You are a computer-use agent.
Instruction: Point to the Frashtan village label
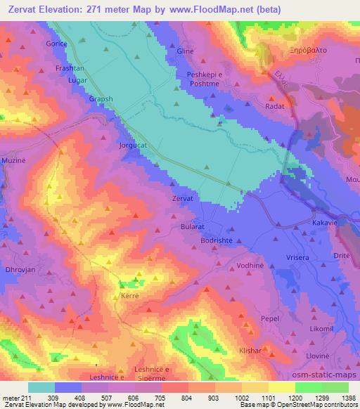[70, 69]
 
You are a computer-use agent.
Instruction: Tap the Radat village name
[274, 106]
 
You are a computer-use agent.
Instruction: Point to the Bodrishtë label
[221, 240]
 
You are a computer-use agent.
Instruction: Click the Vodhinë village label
[250, 266]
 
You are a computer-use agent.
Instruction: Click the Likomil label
[321, 329]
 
